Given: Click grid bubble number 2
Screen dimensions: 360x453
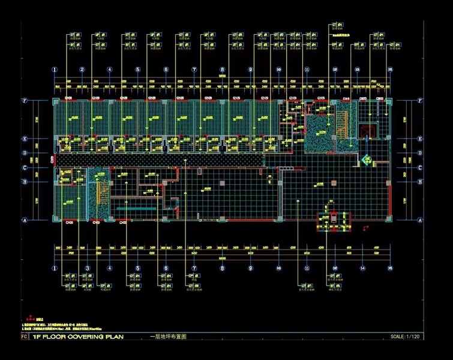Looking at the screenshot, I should click(x=82, y=70).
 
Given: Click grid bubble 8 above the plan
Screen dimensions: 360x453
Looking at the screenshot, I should click(x=222, y=70).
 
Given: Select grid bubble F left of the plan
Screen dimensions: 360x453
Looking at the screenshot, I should click(x=41, y=101).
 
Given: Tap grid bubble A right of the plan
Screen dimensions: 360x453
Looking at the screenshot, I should click(x=420, y=220).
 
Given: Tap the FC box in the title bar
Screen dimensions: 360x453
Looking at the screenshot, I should click(x=23, y=337).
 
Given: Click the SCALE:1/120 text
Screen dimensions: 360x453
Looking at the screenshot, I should click(x=406, y=337).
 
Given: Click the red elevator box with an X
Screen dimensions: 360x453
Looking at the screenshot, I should click(x=365, y=131).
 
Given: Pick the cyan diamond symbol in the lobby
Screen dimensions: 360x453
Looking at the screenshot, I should click(x=367, y=159).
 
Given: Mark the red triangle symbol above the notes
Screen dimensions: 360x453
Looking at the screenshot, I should click(x=26, y=318).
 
